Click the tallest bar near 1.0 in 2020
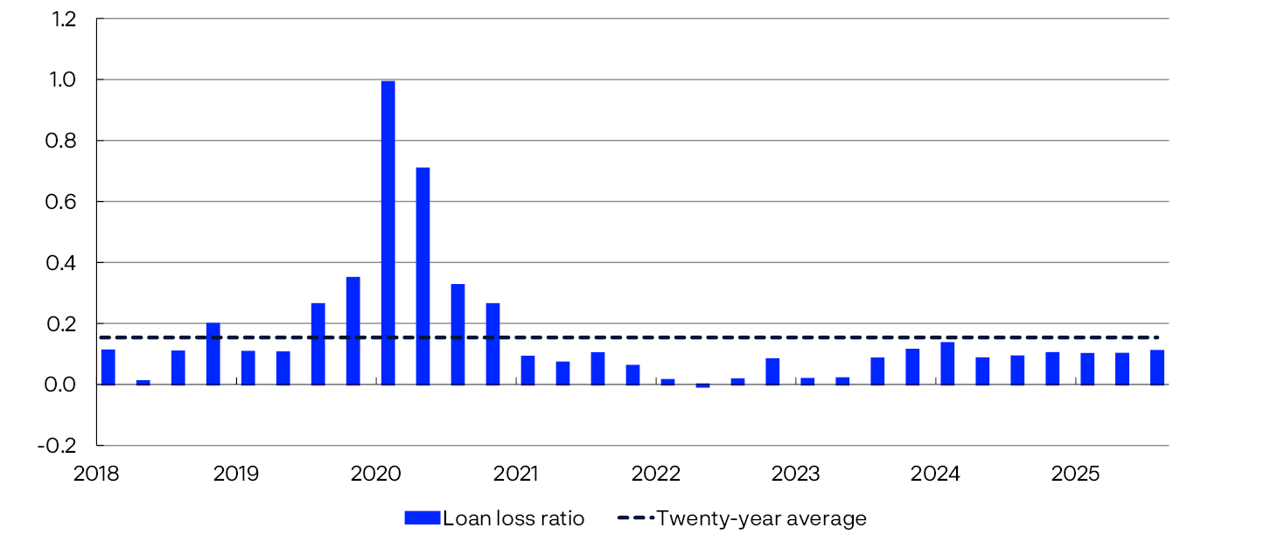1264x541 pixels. click(388, 232)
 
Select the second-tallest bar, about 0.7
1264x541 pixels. click(422, 275)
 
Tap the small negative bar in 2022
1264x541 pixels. click(702, 385)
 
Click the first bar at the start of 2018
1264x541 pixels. click(108, 367)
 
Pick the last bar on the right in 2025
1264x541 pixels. click(1157, 367)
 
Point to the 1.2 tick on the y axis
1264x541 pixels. click(64, 18)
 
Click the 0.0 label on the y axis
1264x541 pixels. click(64, 385)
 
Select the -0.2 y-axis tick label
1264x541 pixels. click(60, 446)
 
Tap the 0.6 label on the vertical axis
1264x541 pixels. click(64, 202)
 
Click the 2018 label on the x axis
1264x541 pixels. click(96, 475)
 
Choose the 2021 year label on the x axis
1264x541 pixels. click(516, 475)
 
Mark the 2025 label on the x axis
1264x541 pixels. click(1075, 475)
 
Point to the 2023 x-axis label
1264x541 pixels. click(795, 475)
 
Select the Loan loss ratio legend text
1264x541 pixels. click(513, 518)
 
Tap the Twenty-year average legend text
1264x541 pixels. click(761, 518)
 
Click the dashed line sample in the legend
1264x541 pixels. click(634, 518)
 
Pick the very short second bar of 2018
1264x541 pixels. click(143, 382)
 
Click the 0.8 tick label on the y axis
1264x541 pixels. click(64, 141)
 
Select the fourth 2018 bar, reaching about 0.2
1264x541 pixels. click(213, 354)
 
